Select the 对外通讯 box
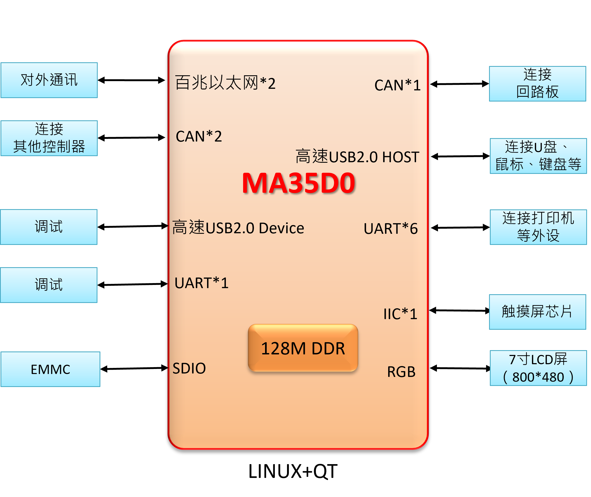tap(49, 80)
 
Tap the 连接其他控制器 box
tap(49, 138)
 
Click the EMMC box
tap(50, 369)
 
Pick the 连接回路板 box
tap(538, 84)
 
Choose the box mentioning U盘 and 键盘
tap(538, 156)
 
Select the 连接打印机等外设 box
tap(538, 227)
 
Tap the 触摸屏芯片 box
tap(538, 312)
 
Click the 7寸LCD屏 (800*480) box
tap(538, 368)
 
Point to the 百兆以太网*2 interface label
tap(225, 83)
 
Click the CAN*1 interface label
tap(397, 85)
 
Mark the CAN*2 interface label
tap(199, 136)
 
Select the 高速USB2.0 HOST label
tap(357, 157)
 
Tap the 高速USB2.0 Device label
tap(238, 228)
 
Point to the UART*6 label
tap(391, 228)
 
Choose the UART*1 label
tap(202, 283)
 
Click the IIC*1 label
tap(400, 314)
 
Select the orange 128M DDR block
tap(303, 348)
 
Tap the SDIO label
tap(189, 368)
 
